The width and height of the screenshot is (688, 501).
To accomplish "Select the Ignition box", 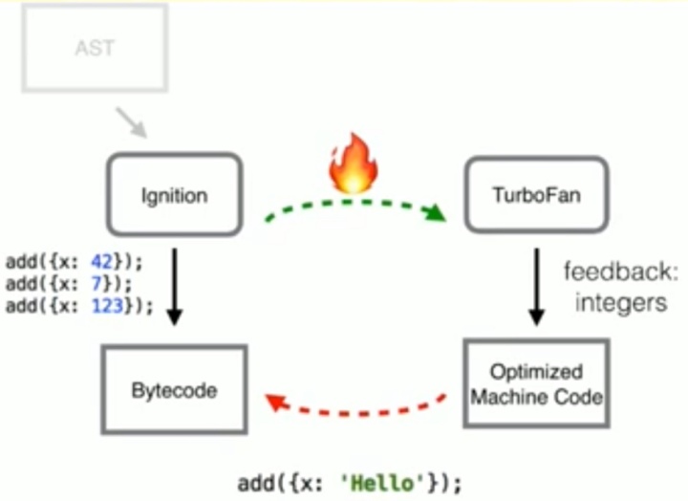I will (x=174, y=195).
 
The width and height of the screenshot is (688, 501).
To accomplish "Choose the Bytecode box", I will (x=174, y=390).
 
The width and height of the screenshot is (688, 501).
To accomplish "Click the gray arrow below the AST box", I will (x=131, y=122).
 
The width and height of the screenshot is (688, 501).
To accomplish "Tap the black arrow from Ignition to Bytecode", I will (x=174, y=286).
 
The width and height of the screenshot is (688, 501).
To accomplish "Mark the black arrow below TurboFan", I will (x=536, y=286).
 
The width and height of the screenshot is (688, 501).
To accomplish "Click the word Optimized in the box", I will (x=536, y=372).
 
